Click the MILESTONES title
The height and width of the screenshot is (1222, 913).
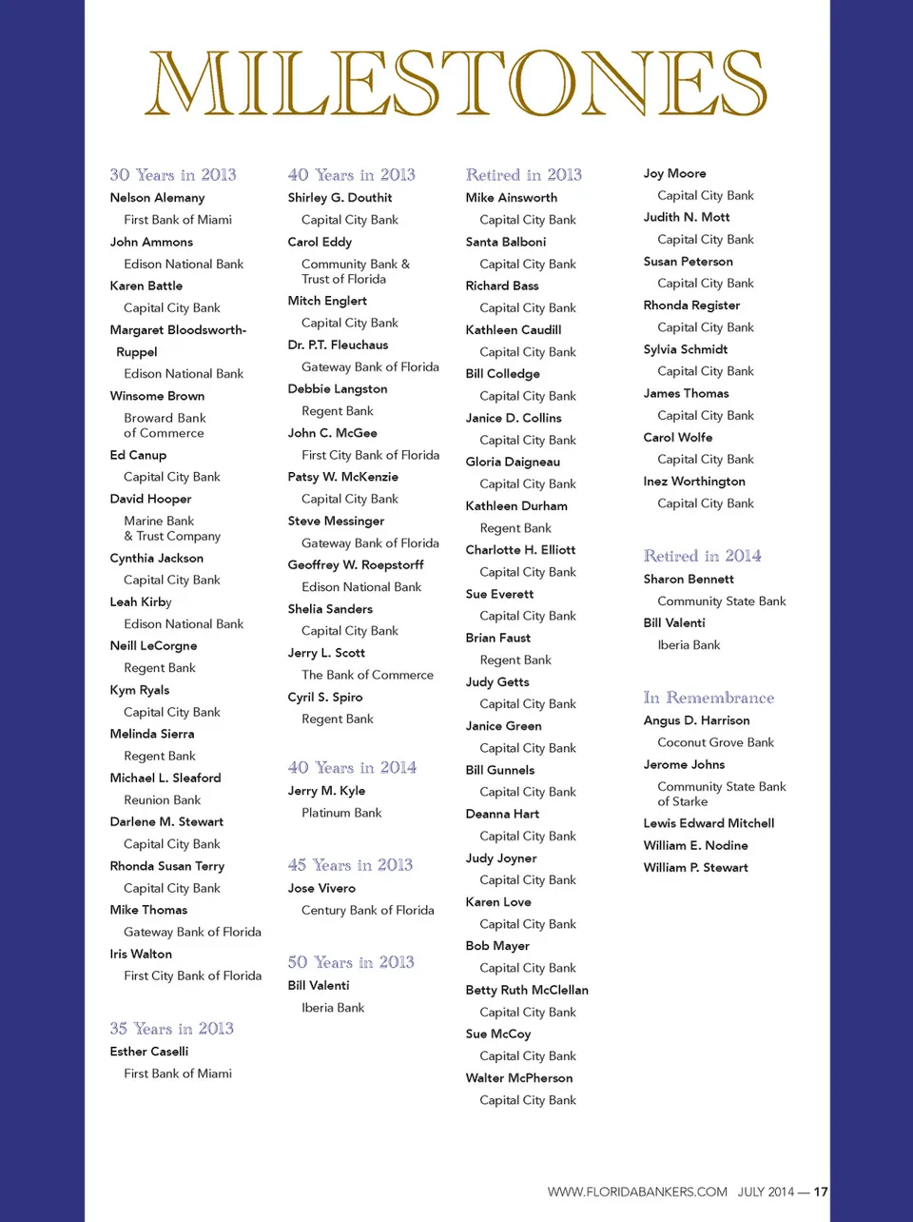point(456,84)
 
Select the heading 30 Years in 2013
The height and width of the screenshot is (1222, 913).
point(173,175)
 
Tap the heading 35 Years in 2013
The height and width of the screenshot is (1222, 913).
point(171,1029)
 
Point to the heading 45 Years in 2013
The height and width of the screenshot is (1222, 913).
point(350,865)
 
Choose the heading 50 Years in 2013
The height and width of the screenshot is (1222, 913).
point(351,962)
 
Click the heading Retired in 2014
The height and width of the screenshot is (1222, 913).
point(702,556)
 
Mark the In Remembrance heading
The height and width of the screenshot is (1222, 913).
point(709,698)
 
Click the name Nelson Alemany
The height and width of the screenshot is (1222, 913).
point(157,198)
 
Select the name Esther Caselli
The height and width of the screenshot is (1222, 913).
point(148,1052)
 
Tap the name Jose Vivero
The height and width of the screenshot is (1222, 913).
point(321,888)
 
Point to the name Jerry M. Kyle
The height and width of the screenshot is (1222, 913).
point(326,791)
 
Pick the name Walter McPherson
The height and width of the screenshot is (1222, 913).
point(519,1078)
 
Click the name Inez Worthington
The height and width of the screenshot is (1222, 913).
point(694,482)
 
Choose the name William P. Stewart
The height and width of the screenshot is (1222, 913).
point(695,868)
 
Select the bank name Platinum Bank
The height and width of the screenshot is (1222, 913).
point(341,813)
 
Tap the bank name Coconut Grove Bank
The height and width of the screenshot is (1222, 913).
point(715,742)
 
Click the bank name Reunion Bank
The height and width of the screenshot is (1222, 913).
point(162,800)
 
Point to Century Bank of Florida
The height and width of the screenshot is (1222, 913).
point(367,911)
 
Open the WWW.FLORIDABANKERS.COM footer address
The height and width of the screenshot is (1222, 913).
point(637,1192)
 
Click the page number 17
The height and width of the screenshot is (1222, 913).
point(821,1192)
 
